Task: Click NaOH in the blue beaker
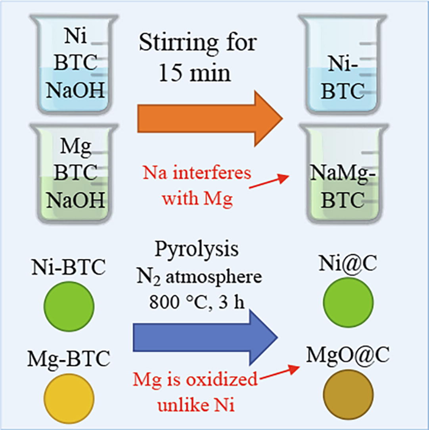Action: (75, 91)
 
